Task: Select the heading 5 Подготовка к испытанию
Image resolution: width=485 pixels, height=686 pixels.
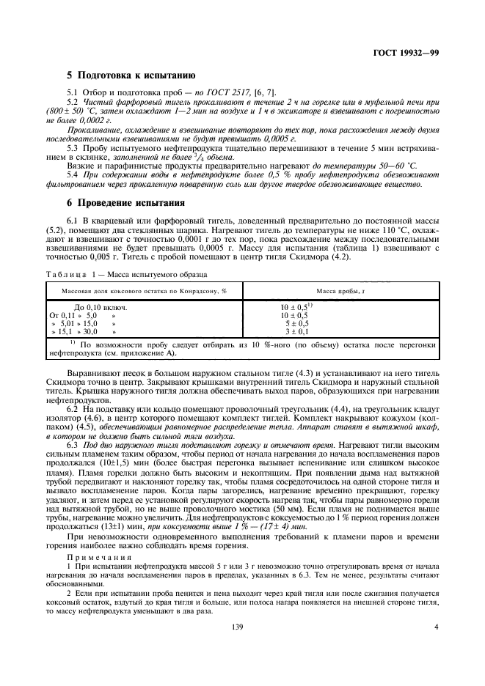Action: pos(130,75)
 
